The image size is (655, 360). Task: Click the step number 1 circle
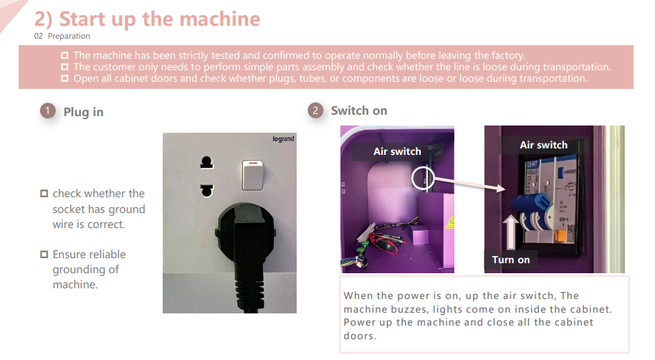pos(47,111)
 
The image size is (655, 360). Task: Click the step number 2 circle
pos(315,111)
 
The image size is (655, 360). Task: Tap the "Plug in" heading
pos(83,112)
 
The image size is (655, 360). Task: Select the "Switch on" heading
pos(359,111)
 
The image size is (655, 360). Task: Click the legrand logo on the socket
pos(283,139)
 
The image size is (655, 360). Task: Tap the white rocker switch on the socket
pos(252,175)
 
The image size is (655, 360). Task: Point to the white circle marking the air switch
pos(423,179)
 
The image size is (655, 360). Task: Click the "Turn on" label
pos(511,260)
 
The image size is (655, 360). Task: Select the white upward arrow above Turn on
pos(510,232)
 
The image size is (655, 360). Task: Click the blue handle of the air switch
pos(530,203)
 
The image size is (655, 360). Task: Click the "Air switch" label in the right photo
pos(543,145)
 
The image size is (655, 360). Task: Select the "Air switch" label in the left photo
pos(397,151)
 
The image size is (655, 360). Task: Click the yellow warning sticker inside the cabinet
pos(450,223)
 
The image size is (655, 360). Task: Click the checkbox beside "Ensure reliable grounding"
pos(44,254)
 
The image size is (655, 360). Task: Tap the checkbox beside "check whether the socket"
pos(44,193)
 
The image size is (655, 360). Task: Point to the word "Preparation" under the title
pos(69,36)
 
